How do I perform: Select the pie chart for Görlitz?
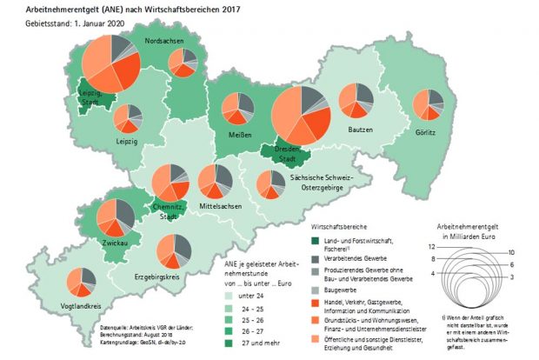point(428,105)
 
